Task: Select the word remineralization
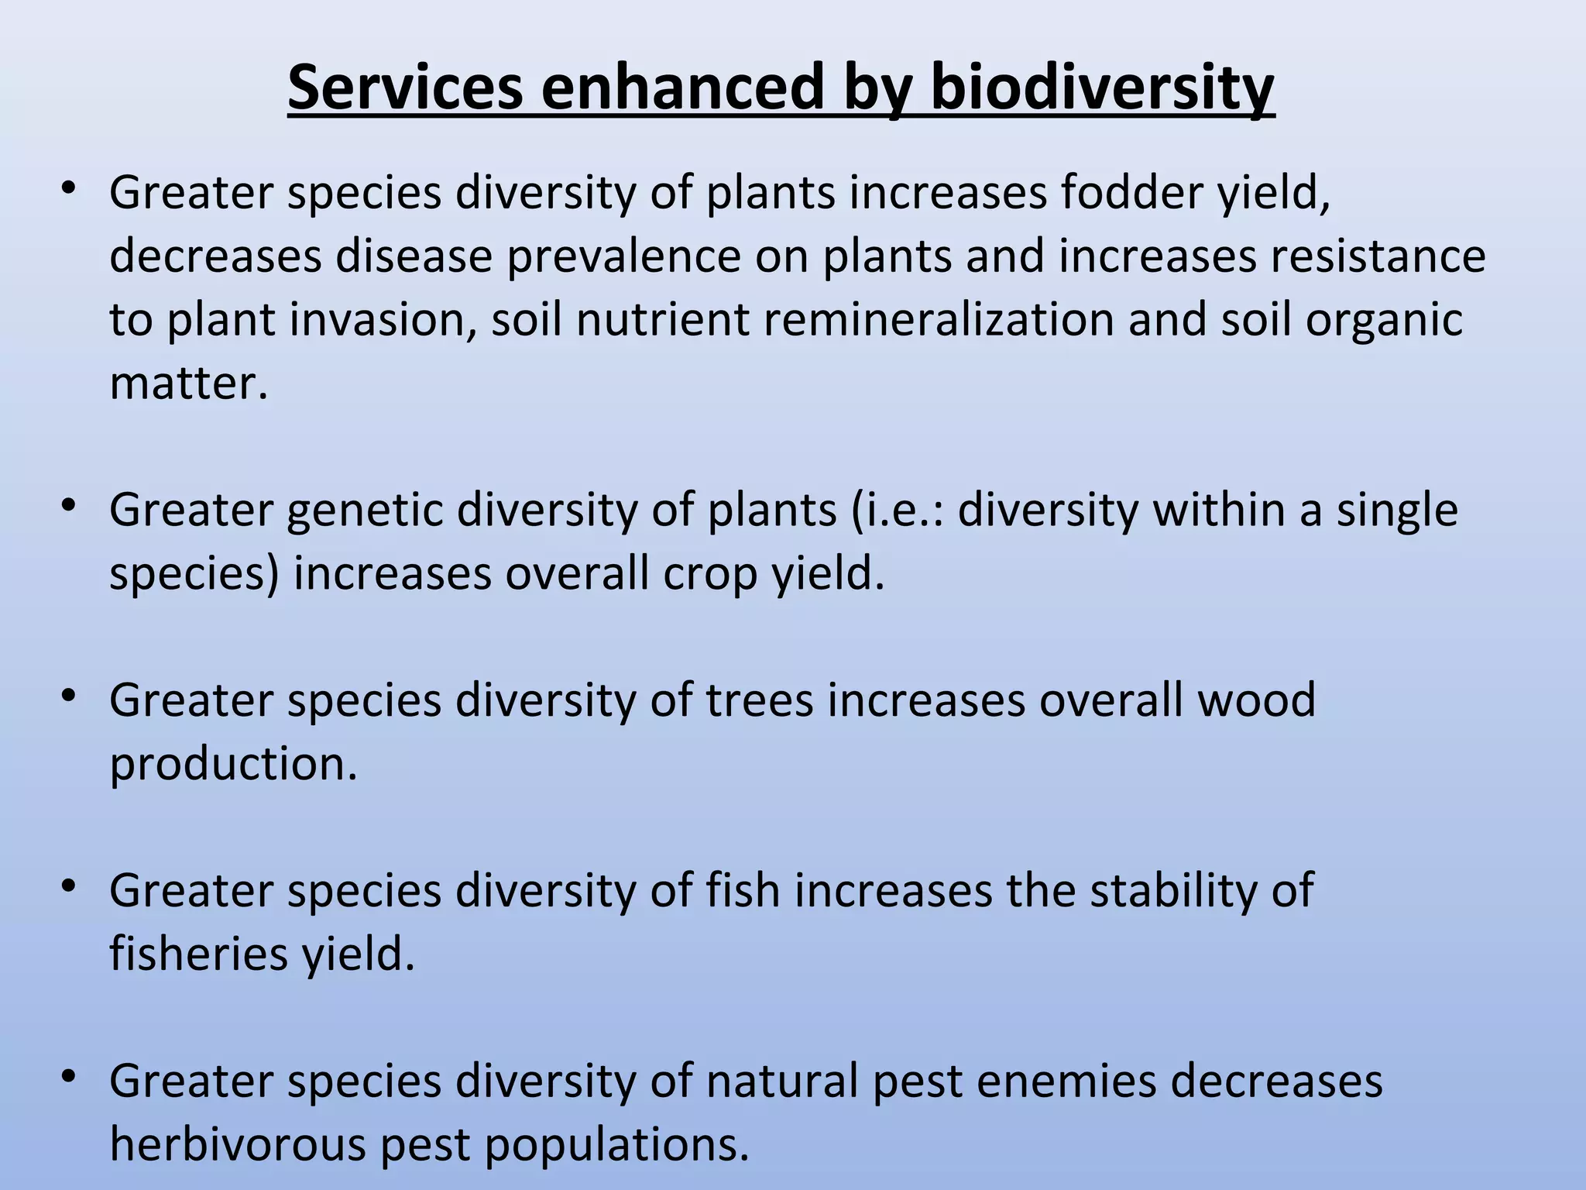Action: tap(939, 319)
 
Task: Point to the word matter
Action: tap(188, 383)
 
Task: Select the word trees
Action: tap(760, 700)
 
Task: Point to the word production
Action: tap(233, 765)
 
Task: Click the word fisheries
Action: tap(198, 953)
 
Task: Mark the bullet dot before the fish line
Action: tap(69, 885)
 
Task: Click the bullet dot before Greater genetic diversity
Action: tap(69, 505)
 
